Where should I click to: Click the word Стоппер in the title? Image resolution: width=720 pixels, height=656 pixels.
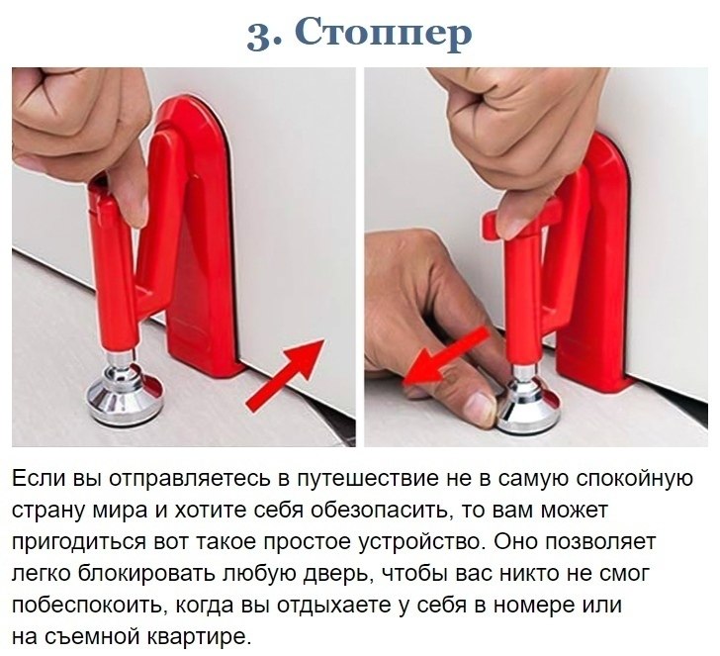coord(386,32)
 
